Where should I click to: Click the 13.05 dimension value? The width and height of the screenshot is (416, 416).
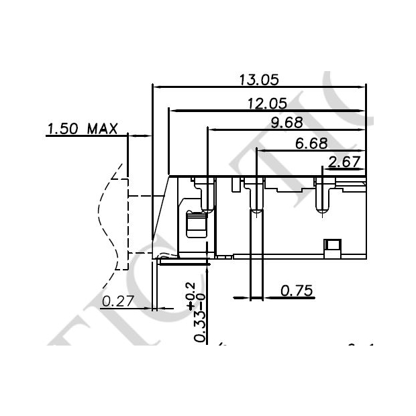click(x=258, y=80)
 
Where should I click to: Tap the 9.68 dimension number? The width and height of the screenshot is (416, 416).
click(x=286, y=122)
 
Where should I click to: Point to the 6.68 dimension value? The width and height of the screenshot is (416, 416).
click(x=311, y=143)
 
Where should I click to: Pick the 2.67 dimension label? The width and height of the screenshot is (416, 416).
click(x=344, y=161)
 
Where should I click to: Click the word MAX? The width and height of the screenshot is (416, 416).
click(x=102, y=128)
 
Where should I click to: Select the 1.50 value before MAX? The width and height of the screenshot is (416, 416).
click(x=63, y=128)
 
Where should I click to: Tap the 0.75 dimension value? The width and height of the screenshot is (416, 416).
click(x=296, y=291)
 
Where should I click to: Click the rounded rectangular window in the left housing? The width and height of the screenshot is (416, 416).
click(x=195, y=224)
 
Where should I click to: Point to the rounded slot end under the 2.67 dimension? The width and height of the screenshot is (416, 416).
click(x=322, y=211)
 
